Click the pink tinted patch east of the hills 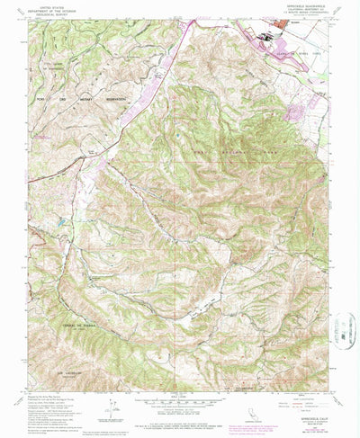pyautogui.click(x=295, y=112)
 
